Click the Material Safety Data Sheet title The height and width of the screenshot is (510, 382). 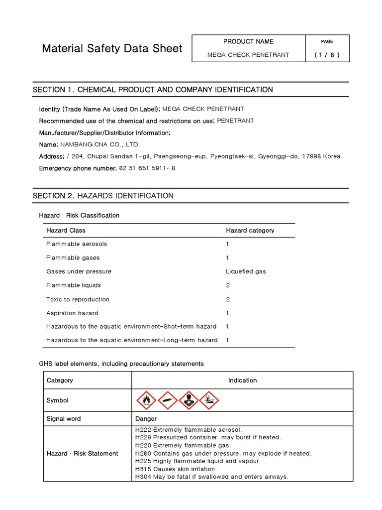tap(112, 48)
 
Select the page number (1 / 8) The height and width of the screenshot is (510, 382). tap(327, 55)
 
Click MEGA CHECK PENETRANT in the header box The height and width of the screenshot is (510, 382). tap(248, 55)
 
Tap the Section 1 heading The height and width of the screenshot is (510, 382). tap(153, 90)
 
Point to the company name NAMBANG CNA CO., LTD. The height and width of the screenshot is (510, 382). tap(100, 144)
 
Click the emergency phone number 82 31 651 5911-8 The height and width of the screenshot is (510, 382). tap(147, 168)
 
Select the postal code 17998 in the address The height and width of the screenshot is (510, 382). tap(311, 156)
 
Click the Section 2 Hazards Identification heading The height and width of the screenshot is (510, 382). tap(103, 196)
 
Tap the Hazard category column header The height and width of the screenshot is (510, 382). tap(250, 231)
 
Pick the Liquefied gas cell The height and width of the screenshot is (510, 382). tap(246, 271)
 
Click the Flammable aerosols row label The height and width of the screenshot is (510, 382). tap(77, 244)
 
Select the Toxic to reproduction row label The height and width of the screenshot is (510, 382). tap(78, 299)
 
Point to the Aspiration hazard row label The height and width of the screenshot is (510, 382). tap(72, 313)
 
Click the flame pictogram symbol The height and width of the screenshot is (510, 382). tap(146, 400)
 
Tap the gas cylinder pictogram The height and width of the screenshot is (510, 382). tap(167, 400)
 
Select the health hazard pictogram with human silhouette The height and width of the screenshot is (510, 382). tap(188, 400)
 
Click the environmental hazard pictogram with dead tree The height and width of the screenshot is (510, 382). tap(209, 400)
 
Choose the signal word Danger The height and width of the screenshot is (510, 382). tap(146, 419)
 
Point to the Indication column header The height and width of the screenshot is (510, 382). tap(242, 381)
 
